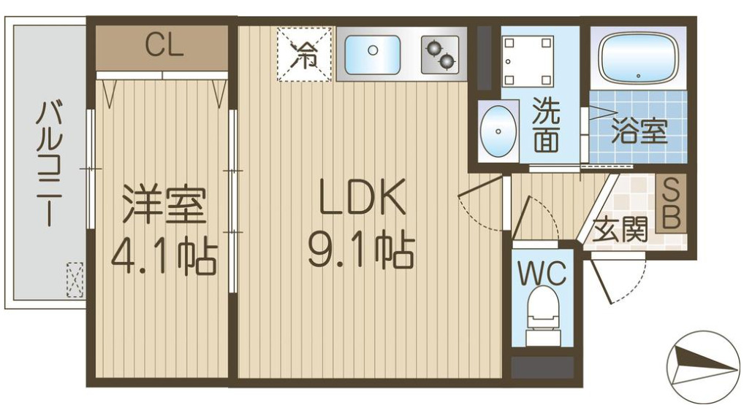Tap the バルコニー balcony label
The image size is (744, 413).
(x=50, y=165)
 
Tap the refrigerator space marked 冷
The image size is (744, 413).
(x=304, y=54)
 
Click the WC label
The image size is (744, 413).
(x=542, y=274)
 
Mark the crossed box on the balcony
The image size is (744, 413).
(x=75, y=279)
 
